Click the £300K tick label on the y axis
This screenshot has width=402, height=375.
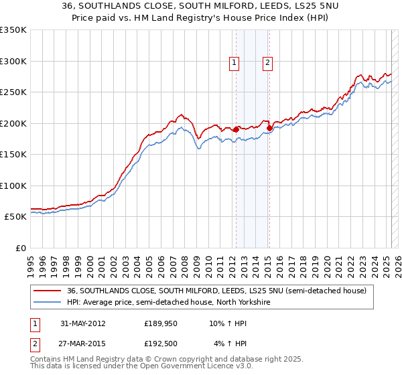(13, 61)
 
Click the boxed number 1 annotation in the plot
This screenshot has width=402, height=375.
(234, 63)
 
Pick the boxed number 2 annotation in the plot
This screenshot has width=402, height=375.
(267, 63)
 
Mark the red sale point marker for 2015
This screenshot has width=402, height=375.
(269, 128)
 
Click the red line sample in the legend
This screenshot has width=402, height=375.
(47, 291)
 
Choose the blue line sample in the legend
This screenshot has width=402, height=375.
(47, 303)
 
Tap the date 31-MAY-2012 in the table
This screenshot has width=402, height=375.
(82, 323)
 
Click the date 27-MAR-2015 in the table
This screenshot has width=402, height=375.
(82, 344)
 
